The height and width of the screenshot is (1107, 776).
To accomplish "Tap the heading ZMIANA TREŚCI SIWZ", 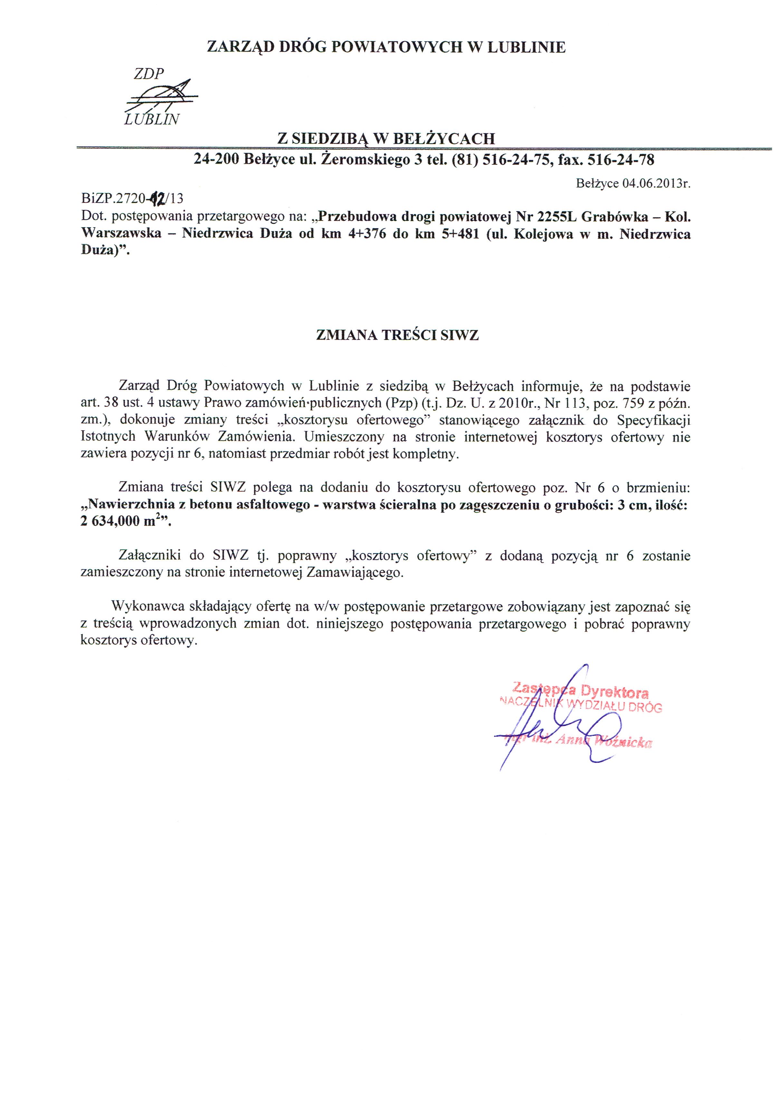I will (397, 335).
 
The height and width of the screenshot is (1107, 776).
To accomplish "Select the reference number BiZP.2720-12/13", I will (132, 198).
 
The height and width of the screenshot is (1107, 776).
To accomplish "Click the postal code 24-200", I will (216, 160).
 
